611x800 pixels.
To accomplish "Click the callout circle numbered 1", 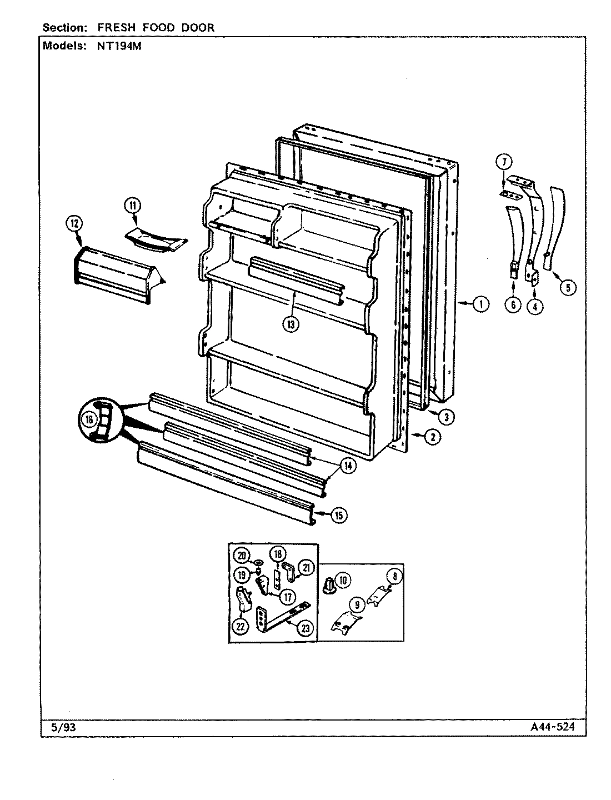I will [x=480, y=303].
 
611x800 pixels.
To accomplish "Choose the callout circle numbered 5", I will [x=567, y=287].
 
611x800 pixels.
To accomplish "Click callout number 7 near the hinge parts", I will [x=504, y=162].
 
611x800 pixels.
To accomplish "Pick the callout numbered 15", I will [x=339, y=515].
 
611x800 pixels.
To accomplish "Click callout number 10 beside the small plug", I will [x=343, y=581].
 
